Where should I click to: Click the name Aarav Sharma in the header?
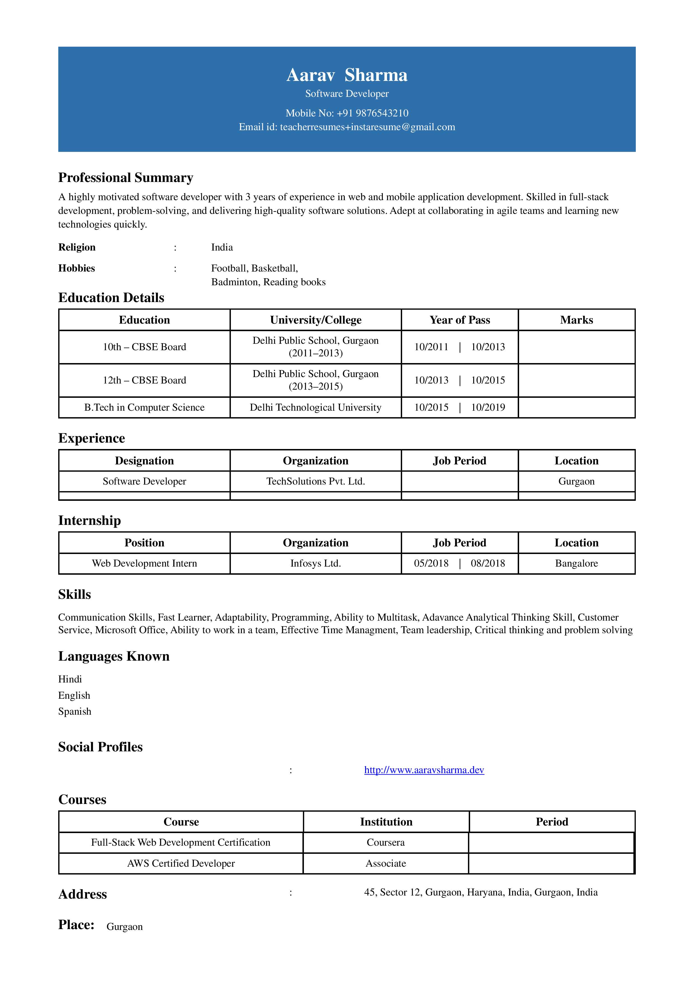[347, 75]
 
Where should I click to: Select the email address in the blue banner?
[367, 127]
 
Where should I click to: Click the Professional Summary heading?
[126, 177]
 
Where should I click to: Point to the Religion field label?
[77, 247]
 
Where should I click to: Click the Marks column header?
[576, 320]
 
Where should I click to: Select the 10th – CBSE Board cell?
[144, 347]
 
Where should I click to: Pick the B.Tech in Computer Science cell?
[144, 407]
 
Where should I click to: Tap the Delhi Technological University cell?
[316, 407]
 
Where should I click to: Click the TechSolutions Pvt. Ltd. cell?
[316, 481]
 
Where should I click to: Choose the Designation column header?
[144, 461]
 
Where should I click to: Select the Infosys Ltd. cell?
[316, 563]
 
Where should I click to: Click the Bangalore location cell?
[576, 563]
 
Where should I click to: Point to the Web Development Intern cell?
[144, 563]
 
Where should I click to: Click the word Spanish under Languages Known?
[75, 711]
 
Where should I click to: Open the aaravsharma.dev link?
[424, 770]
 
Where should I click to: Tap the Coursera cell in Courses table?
[386, 842]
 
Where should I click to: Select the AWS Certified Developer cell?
[181, 863]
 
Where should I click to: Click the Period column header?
[552, 822]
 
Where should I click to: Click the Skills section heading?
[75, 595]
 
